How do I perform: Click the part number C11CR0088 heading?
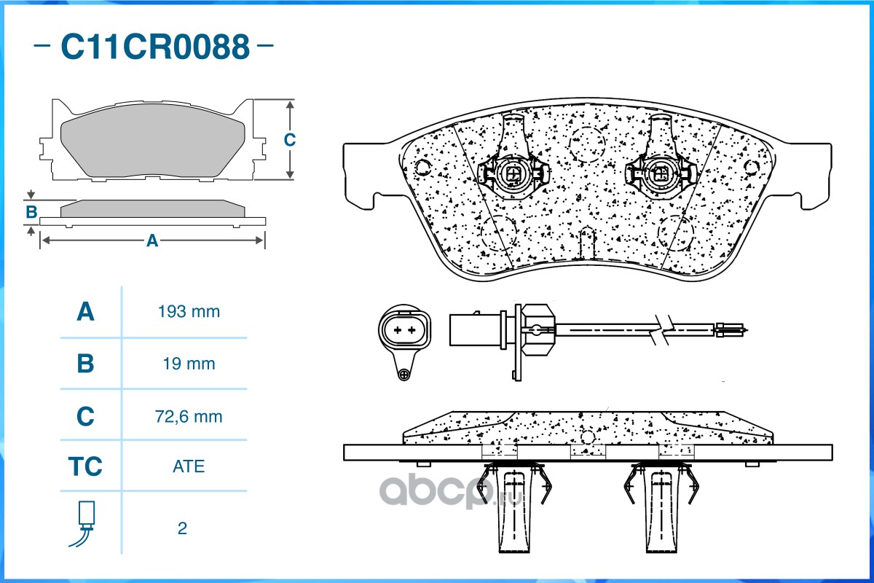coord(155,47)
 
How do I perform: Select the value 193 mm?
coord(189,312)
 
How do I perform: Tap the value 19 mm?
coord(189,364)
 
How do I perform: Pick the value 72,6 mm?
coord(189,417)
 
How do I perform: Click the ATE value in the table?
coord(189,466)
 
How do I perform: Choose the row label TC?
coord(85,466)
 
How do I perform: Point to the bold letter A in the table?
coord(85,312)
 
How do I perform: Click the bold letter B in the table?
coord(85,364)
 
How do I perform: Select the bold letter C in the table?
coord(85,416)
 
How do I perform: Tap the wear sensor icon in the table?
coord(83,524)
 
